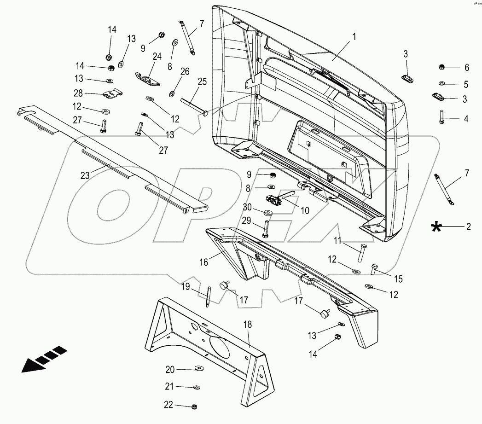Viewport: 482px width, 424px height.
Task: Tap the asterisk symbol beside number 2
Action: tap(435, 227)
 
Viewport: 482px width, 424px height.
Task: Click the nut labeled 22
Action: tap(195, 407)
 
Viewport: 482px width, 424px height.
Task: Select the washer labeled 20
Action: tap(199, 369)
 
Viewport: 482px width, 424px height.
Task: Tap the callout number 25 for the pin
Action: tap(202, 81)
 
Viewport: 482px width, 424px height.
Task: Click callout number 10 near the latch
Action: tap(305, 210)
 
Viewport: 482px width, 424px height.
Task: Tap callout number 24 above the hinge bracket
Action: tap(157, 57)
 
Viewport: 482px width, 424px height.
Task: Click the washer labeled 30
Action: tap(267, 213)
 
